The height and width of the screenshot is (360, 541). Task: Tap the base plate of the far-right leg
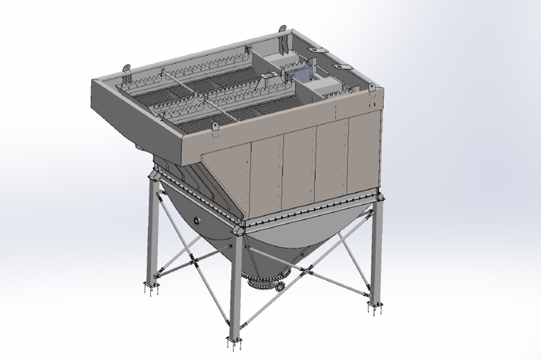click(x=374, y=307)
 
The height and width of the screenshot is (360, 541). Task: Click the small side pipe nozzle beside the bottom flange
click(x=280, y=287)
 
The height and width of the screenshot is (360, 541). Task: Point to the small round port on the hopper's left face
click(x=196, y=221)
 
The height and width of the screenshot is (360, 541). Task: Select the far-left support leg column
click(x=151, y=232)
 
